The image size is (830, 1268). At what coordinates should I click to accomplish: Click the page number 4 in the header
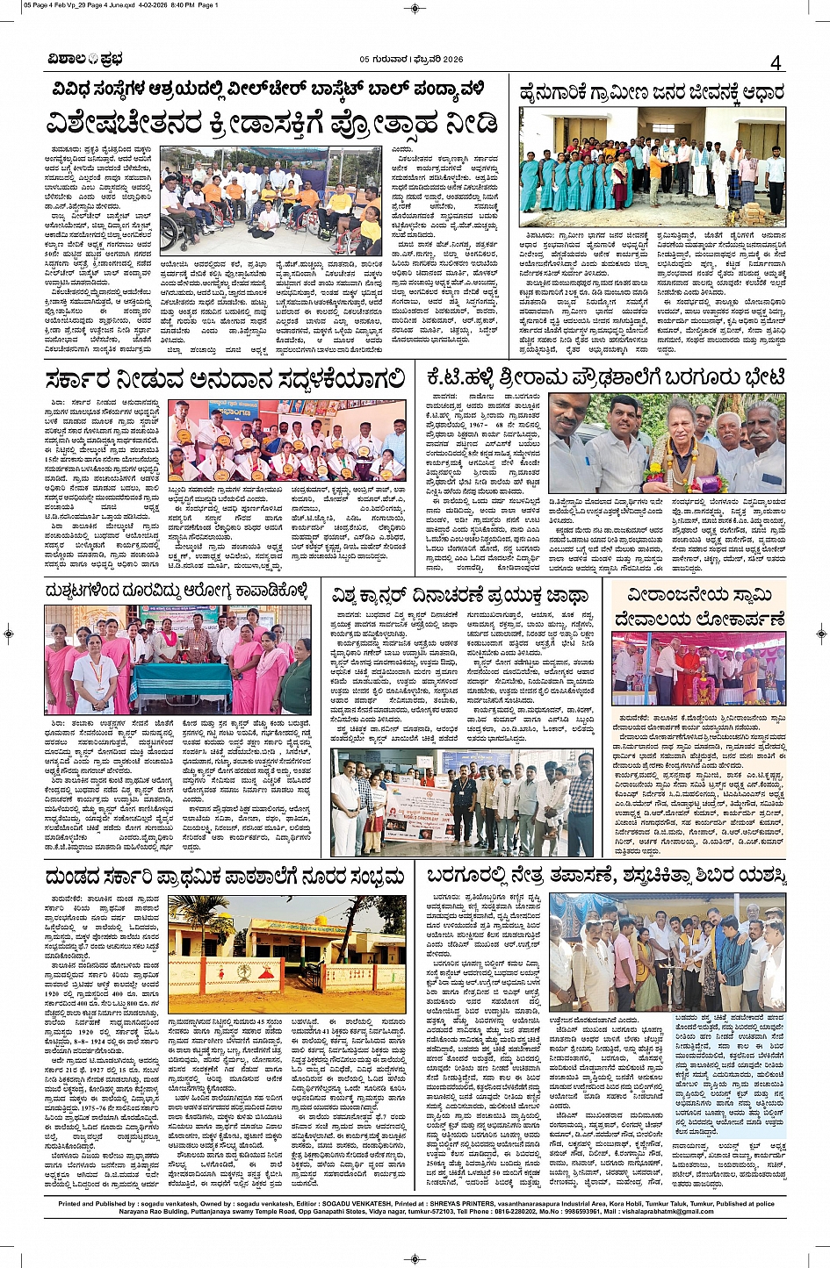point(776,62)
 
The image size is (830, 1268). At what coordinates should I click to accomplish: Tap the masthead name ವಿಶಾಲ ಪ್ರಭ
point(85,60)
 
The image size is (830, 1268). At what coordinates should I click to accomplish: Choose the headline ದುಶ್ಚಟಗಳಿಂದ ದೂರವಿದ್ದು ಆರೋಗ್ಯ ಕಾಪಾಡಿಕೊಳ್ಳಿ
point(177,591)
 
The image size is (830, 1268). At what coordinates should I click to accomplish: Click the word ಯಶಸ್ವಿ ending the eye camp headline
point(761,876)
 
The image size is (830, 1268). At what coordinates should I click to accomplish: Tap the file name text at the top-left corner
point(109,5)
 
